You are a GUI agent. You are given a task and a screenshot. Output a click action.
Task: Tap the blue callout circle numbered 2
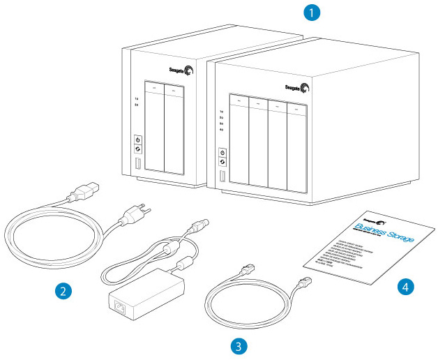point(63,290)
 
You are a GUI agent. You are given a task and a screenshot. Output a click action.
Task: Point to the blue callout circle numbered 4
point(405,285)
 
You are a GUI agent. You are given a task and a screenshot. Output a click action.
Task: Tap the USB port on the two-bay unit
point(137,166)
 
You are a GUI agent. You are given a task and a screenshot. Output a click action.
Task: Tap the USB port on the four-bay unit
point(223,177)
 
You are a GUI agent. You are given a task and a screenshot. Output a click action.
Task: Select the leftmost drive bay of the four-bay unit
point(239,145)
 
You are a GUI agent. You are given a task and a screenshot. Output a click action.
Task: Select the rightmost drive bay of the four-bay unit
point(298,150)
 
